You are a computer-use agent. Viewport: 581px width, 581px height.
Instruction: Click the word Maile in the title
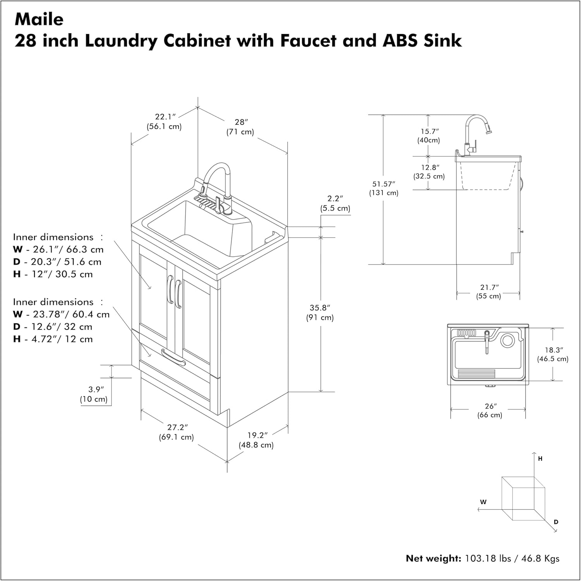coord(39,19)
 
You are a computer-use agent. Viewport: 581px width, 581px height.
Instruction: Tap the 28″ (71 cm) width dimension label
coord(240,127)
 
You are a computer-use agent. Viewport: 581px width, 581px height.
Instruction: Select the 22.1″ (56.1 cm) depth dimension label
coord(164,121)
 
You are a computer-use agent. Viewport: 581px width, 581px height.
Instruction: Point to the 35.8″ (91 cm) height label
coord(320,313)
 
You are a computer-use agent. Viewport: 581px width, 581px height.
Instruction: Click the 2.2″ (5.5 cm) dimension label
coord(335,203)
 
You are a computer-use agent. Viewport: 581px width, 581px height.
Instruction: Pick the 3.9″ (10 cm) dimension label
coord(94,394)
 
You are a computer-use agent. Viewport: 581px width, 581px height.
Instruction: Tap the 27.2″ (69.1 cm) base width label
coord(176,432)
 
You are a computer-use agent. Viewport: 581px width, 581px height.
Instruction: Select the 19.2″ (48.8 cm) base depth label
coord(256,440)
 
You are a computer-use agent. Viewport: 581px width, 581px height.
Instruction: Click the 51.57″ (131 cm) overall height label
coord(383,188)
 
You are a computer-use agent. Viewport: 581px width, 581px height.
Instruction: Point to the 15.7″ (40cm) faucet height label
coord(429,136)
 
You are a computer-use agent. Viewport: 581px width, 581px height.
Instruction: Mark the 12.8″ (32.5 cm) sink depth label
coord(429,172)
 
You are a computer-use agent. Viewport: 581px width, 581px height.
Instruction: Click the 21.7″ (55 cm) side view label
coord(488,292)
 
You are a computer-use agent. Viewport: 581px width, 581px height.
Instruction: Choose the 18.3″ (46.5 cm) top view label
coord(553,354)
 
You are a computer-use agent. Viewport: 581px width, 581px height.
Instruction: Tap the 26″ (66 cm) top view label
coord(490,411)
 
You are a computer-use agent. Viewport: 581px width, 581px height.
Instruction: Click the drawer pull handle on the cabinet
coord(173,357)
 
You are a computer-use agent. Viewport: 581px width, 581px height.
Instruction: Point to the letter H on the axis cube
coord(540,459)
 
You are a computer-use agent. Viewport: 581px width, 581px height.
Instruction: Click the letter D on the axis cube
coord(556,522)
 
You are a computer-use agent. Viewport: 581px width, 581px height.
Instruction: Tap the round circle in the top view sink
coord(507,340)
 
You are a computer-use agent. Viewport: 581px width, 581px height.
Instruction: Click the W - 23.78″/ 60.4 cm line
coord(61,315)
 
